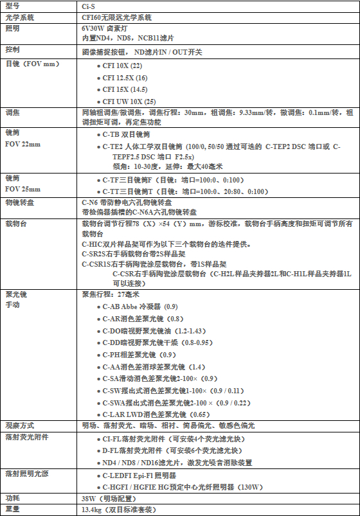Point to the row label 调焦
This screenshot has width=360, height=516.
12,112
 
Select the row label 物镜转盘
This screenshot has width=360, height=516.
19,202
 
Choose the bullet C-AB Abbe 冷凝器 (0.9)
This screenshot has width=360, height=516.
140,307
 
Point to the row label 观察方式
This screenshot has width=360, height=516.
19,425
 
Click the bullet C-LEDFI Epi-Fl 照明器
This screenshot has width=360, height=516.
139,476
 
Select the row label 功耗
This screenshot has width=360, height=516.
12,498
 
